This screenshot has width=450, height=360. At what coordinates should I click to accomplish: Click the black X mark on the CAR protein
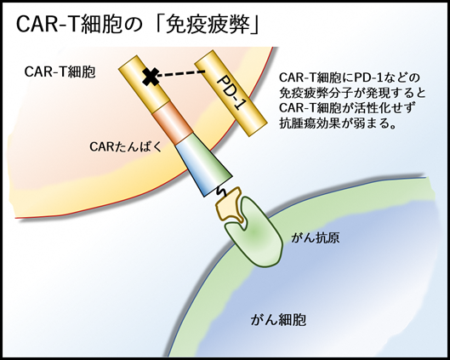151,77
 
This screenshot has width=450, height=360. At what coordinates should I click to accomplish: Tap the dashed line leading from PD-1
181,73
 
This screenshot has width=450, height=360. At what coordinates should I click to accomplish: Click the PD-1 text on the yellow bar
231,93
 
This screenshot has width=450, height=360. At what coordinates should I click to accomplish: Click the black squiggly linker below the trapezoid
222,191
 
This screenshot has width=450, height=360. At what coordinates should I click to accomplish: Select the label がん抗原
316,238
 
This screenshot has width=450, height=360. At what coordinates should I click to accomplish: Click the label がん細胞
278,320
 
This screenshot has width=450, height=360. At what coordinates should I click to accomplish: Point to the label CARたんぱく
126,147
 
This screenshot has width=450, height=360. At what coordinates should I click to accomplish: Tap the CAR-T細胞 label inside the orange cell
60,72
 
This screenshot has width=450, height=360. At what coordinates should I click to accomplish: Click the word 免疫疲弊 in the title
208,25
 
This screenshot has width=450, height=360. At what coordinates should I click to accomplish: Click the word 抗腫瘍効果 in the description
309,123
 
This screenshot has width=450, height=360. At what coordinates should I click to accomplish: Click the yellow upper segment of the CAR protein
145,84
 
